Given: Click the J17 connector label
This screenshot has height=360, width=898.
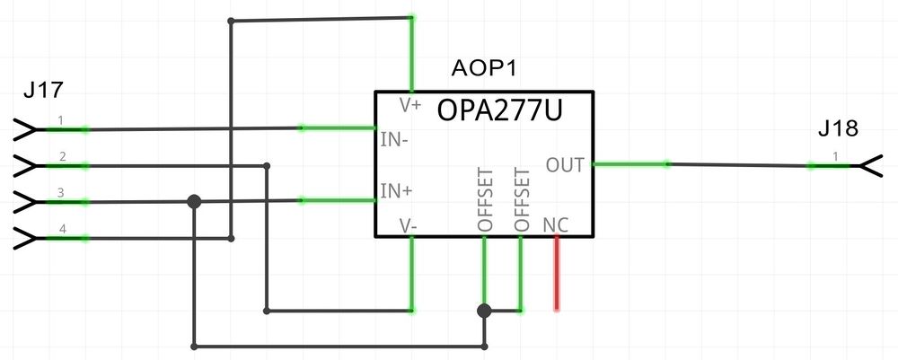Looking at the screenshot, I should pos(43,91).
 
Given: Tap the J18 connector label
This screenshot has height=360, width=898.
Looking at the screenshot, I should pos(838,129).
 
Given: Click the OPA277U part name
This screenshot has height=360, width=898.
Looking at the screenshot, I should pos(500,111).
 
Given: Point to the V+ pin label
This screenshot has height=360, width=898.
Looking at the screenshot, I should pos(410,105).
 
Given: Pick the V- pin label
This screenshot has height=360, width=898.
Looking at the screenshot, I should pos(409,225).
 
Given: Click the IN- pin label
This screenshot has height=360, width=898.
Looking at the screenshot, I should pos(396,139).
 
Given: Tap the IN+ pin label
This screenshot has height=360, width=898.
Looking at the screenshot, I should pos(397,191).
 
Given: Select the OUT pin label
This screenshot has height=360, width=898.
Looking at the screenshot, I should pos(565,164).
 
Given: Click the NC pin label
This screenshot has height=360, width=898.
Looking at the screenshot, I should pos(556,224).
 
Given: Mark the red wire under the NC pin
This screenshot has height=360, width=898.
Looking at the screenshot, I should pos(558,273).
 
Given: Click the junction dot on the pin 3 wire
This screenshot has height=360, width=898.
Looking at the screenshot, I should pos(193,202).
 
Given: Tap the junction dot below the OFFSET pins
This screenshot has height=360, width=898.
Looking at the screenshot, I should pos(484,311).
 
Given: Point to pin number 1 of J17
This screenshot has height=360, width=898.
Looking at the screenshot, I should pos(60,120).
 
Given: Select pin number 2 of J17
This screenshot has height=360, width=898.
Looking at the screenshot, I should pos(62,157).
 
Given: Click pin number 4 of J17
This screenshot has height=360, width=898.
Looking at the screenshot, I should pos(62,229).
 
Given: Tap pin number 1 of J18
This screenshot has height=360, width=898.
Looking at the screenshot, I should pos(836,156).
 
